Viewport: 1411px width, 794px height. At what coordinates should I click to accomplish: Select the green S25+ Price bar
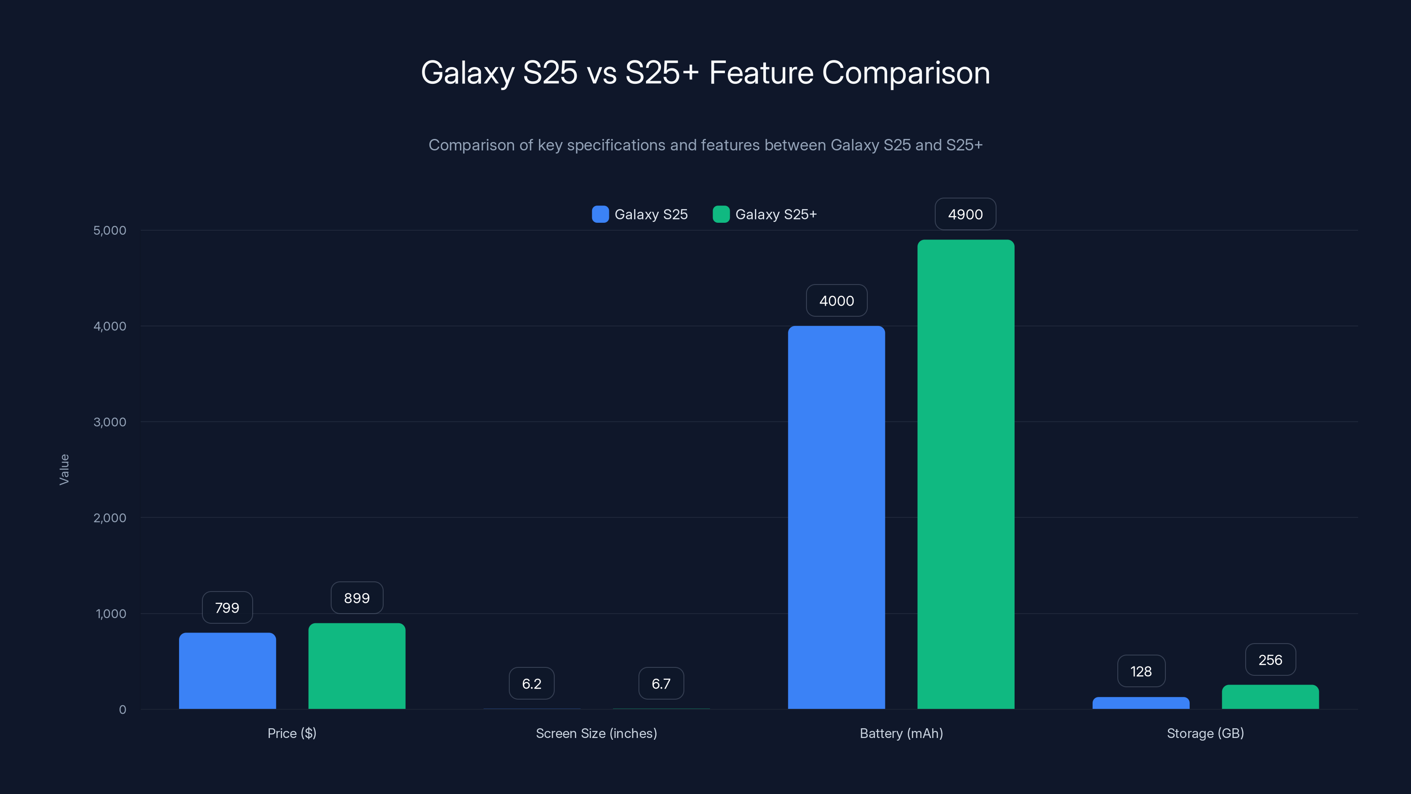pos(357,666)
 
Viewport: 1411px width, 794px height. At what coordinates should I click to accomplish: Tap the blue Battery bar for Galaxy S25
pos(836,517)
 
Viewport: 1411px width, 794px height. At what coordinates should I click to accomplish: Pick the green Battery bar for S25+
pos(966,474)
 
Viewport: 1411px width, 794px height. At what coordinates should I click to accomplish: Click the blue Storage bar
pos(1141,703)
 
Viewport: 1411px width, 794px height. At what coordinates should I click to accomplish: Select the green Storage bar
pos(1270,697)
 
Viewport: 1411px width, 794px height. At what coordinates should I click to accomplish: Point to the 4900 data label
pos(965,214)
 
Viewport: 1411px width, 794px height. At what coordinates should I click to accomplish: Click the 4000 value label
pos(836,301)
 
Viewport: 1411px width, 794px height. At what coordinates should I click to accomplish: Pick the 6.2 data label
pos(531,684)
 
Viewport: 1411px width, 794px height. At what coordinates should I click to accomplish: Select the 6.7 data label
pos(661,684)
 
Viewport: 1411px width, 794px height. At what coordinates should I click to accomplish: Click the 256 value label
pos(1270,660)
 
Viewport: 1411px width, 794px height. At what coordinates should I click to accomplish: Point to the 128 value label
pos(1141,671)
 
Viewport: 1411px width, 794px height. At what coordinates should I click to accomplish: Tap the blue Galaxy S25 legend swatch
pos(600,214)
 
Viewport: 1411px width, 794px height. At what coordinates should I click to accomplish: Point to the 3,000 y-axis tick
pos(109,422)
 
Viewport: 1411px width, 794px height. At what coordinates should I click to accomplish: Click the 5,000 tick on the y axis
pos(109,230)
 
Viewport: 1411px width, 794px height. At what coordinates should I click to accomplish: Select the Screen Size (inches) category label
pos(596,733)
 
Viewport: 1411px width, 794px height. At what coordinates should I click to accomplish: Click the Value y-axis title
pos(64,470)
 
